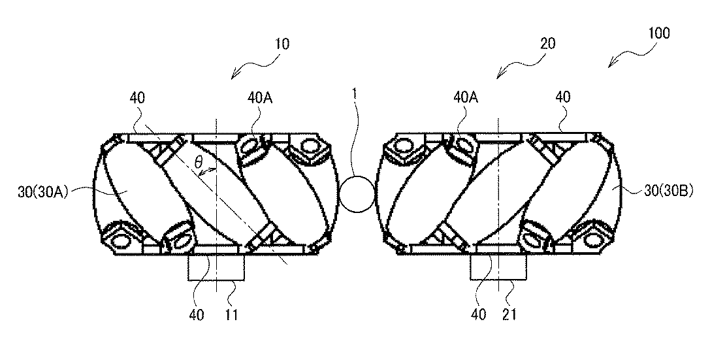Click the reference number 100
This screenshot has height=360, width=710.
(658, 34)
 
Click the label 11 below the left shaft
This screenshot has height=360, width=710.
(232, 314)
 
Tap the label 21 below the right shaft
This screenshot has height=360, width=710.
(509, 314)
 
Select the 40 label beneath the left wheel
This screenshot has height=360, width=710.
(197, 314)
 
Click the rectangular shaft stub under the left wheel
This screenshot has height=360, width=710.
(216, 267)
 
